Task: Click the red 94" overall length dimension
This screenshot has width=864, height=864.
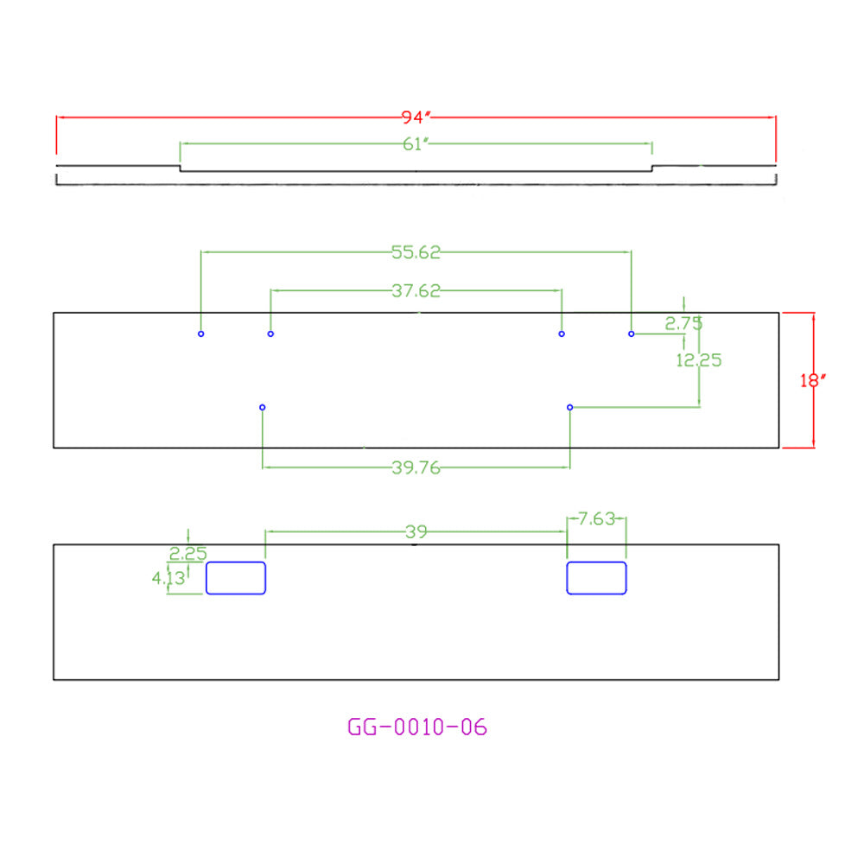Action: (416, 117)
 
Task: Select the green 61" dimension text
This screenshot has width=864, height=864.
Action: (416, 143)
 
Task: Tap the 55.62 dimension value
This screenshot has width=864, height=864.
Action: (416, 252)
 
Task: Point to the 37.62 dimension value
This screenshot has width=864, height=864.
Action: (416, 290)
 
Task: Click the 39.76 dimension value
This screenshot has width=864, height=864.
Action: (416, 467)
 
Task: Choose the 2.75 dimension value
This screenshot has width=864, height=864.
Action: (683, 323)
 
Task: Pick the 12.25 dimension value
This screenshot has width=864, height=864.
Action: (699, 360)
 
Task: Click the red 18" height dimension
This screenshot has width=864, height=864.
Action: (813, 380)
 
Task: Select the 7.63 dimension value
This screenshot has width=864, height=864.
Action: (596, 518)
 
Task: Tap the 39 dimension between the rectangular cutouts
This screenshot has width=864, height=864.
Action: (416, 531)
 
